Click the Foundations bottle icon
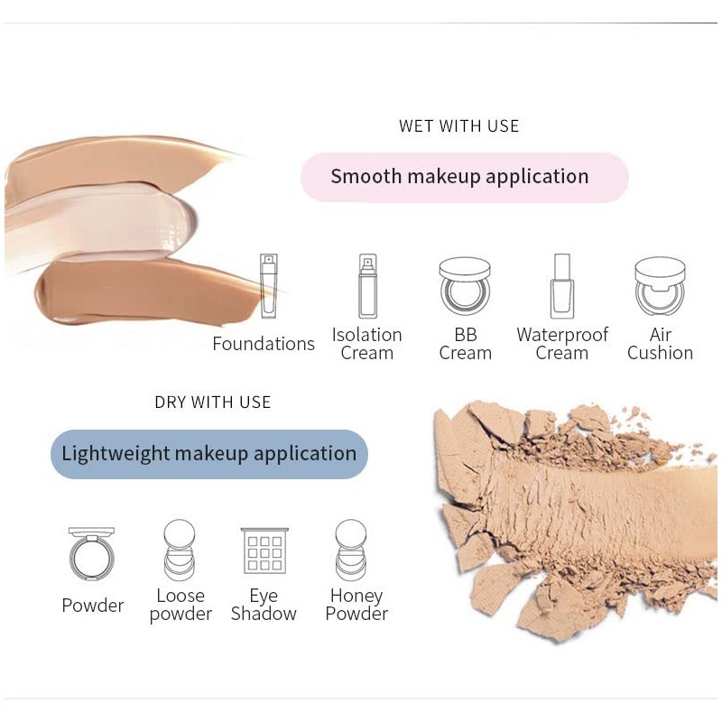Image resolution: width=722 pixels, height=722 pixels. coord(269,286)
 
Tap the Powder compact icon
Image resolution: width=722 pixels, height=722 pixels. coord(92,553)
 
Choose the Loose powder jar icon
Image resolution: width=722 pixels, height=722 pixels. coord(180,550)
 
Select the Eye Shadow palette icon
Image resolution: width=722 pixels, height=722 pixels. coord(264,551)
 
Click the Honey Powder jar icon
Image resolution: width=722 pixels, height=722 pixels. coord(351,550)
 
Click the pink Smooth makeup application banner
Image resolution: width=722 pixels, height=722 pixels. coord(464,177)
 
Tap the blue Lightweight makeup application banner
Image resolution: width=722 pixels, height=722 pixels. coord(209,454)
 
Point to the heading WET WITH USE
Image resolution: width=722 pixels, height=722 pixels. coord(459,126)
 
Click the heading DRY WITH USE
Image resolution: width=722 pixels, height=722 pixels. coord(213,403)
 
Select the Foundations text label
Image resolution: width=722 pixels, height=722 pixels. coord(264,344)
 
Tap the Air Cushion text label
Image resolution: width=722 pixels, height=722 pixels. coord(660,344)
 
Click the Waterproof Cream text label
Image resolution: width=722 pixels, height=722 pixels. coord(562,344)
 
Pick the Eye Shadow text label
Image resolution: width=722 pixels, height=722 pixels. coord(264,605)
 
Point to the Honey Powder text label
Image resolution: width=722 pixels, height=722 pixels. coord(356,605)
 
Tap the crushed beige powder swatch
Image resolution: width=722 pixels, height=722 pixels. coord(569,514)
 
